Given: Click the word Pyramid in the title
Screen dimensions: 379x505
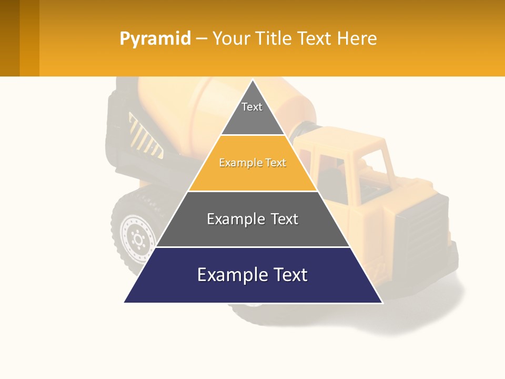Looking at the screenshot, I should tap(155, 39).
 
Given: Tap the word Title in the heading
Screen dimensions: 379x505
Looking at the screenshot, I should tap(275, 39).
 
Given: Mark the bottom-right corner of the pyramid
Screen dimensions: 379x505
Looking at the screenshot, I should tap(382, 302).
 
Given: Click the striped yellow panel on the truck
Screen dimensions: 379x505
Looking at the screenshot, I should tap(145, 138).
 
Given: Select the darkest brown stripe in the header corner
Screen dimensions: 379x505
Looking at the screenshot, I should tap(9, 38).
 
